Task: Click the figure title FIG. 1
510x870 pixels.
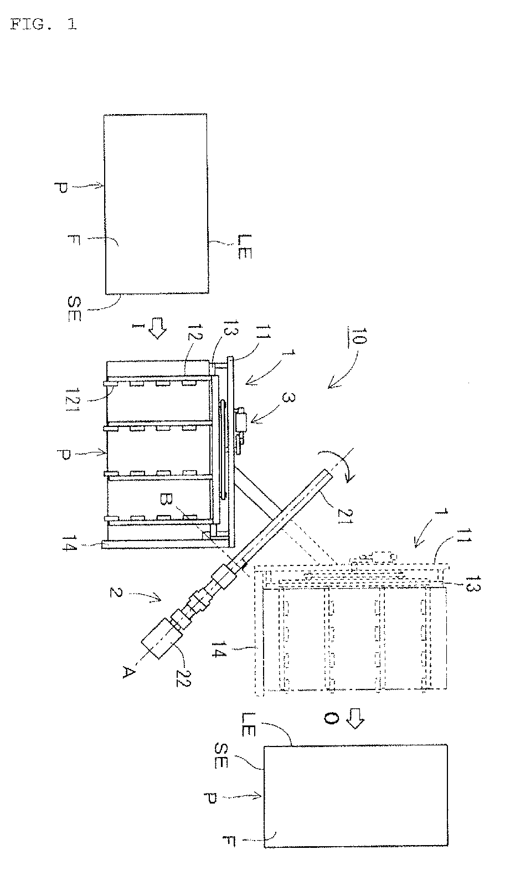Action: pyautogui.click(x=44, y=24)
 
